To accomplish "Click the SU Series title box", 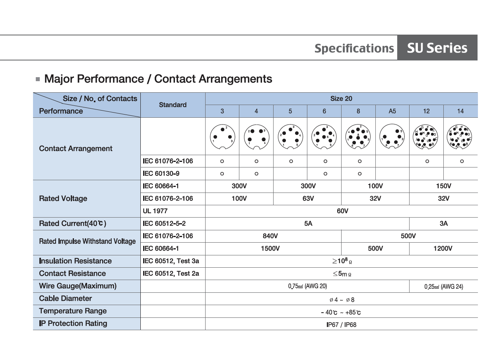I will tap(437, 48).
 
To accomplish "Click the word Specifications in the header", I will tap(354, 49).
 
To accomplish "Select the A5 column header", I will tap(392, 111).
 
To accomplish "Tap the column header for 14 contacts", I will tap(460, 111).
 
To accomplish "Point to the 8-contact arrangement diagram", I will tap(358, 136).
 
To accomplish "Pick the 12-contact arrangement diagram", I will tap(426, 136).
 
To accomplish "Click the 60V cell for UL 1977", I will tap(342, 211).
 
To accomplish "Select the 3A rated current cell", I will tap(443, 224).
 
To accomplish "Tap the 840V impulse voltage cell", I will tap(270, 236).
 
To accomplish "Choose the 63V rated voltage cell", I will tap(308, 198).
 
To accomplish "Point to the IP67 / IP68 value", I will tap(341, 324).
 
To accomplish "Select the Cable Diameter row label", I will tap(65, 298).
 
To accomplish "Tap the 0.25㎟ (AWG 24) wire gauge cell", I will tap(443, 286).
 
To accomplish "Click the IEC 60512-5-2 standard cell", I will tap(164, 224).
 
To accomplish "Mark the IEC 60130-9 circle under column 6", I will tap(325, 174).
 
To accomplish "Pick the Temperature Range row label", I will tap(73, 311).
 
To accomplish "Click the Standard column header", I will tap(173, 105).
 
